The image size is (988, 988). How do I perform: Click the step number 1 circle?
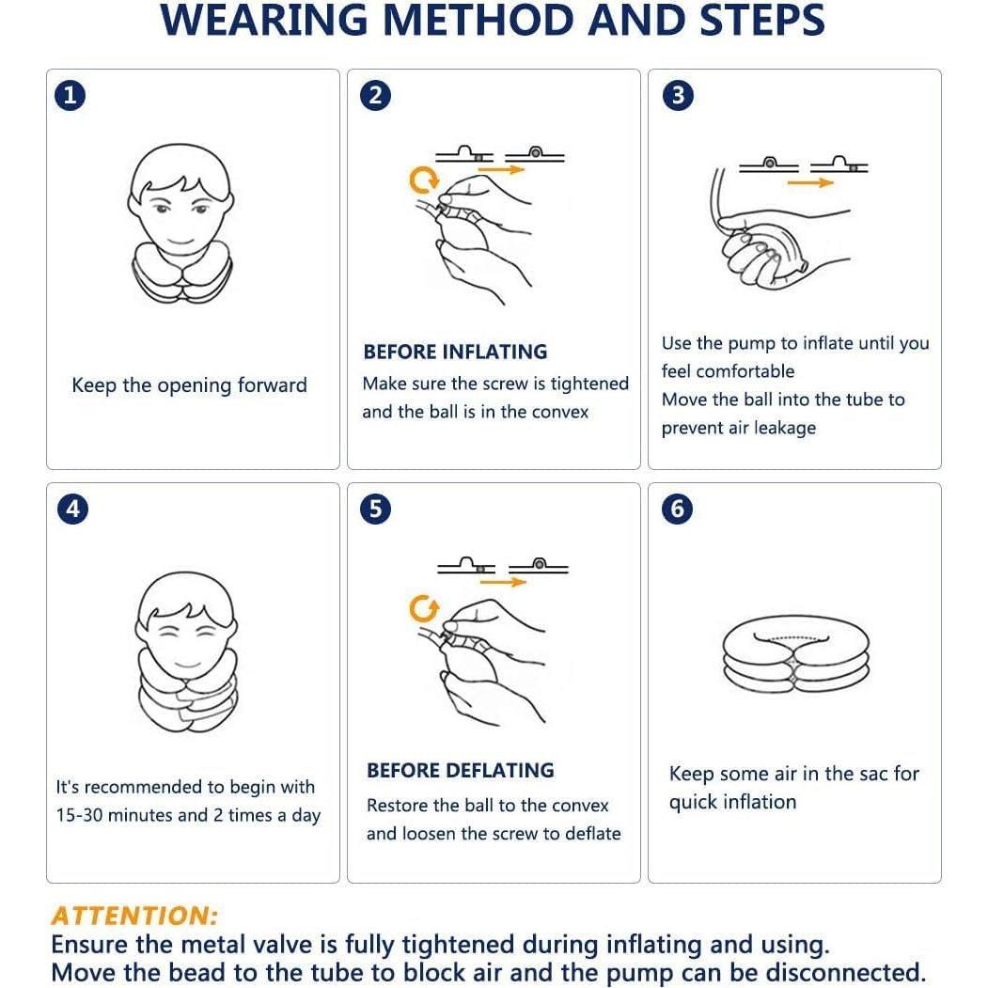pos(71,95)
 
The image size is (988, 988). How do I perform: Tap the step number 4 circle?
pos(71,509)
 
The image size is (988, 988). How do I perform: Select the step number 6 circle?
pos(677,509)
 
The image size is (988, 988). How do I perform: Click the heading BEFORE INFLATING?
pos(455,352)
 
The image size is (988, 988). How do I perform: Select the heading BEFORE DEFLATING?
pos(460,770)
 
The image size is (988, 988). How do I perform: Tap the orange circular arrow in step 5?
pos(424,609)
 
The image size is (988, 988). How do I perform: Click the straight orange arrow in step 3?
pos(809,182)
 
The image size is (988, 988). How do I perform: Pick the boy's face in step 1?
pos(180,204)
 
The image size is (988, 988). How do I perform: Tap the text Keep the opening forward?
pos(189,385)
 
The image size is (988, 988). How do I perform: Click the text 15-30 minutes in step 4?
pos(115,815)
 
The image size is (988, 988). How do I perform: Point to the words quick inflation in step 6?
pos(732,802)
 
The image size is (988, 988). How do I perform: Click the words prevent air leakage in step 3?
pos(738,428)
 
